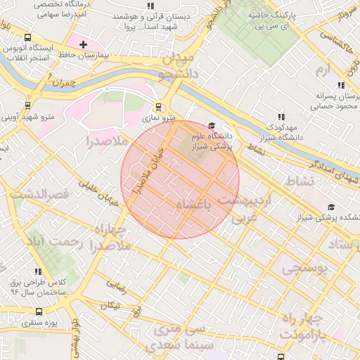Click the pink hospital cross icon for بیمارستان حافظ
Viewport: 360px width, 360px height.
(x=83, y=44)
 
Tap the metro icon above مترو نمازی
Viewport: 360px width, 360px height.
(x=159, y=108)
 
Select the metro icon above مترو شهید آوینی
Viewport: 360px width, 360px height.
(x=27, y=105)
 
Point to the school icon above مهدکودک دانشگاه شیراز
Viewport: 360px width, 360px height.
(x=281, y=117)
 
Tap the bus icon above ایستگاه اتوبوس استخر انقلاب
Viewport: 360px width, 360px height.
(x=27, y=38)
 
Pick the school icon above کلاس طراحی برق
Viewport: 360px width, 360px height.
(x=37, y=271)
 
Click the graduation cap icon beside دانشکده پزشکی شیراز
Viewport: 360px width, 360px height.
(x=331, y=207)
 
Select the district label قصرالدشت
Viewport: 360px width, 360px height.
(x=39, y=192)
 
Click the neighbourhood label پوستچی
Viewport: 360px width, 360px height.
(x=305, y=269)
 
